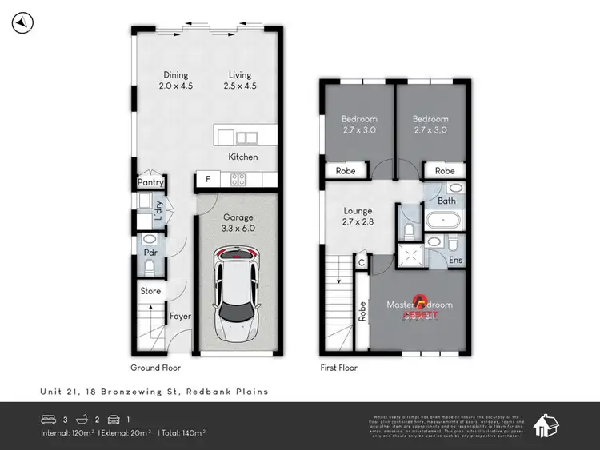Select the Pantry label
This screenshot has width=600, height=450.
pyautogui.click(x=150, y=183)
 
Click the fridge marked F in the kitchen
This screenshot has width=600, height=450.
pyautogui.click(x=208, y=180)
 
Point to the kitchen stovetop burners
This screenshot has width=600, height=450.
pyautogui.click(x=238, y=180)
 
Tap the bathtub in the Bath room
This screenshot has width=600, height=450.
pyautogui.click(x=442, y=221)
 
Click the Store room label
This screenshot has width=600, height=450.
pyautogui.click(x=150, y=291)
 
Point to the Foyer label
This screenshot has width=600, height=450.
pyautogui.click(x=180, y=317)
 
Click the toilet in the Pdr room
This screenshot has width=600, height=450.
pyautogui.click(x=150, y=240)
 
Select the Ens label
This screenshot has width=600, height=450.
pyautogui.click(x=454, y=261)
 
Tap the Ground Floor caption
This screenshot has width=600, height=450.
pyautogui.click(x=155, y=368)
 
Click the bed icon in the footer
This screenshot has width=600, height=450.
pyautogui.click(x=48, y=418)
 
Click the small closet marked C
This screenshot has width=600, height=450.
pyautogui.click(x=362, y=262)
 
